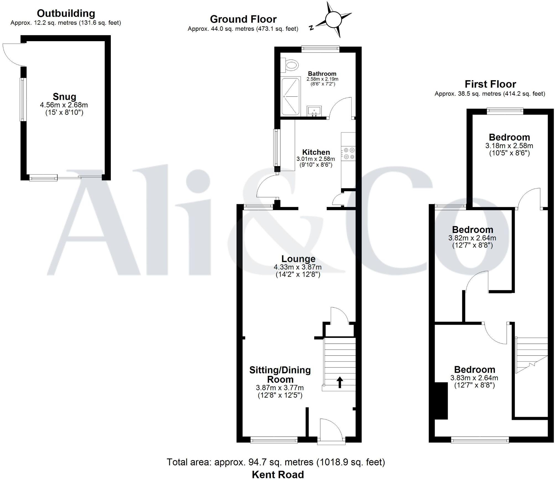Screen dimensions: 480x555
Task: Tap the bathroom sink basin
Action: click(x=314, y=111)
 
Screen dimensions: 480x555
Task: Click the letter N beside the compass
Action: click(x=311, y=27)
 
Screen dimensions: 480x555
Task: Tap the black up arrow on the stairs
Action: click(x=339, y=382)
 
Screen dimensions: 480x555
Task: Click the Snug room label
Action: click(x=64, y=97)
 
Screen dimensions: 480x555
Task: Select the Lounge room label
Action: click(x=298, y=259)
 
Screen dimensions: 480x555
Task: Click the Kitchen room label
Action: click(x=316, y=152)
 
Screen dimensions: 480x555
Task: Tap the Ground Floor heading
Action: click(x=243, y=19)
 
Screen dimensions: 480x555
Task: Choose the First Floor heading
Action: click(x=490, y=84)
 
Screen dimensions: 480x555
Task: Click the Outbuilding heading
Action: click(x=66, y=13)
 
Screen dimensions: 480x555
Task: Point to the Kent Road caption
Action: click(x=278, y=474)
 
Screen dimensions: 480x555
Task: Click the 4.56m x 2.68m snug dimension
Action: click(x=64, y=105)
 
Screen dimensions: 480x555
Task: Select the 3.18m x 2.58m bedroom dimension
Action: click(x=509, y=146)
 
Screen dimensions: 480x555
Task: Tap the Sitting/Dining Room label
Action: click(x=280, y=374)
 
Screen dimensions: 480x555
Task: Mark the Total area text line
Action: click(x=276, y=462)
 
